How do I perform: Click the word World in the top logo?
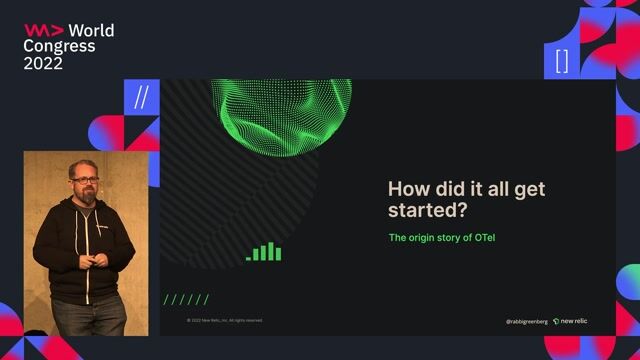(91, 30)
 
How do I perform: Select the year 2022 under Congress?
(43, 63)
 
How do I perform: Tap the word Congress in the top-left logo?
(59, 46)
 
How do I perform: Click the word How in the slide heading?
(407, 188)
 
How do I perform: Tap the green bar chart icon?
(265, 252)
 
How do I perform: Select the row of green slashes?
(186, 299)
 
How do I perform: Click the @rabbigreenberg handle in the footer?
(526, 320)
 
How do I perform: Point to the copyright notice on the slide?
(224, 320)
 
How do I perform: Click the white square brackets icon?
(562, 61)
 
